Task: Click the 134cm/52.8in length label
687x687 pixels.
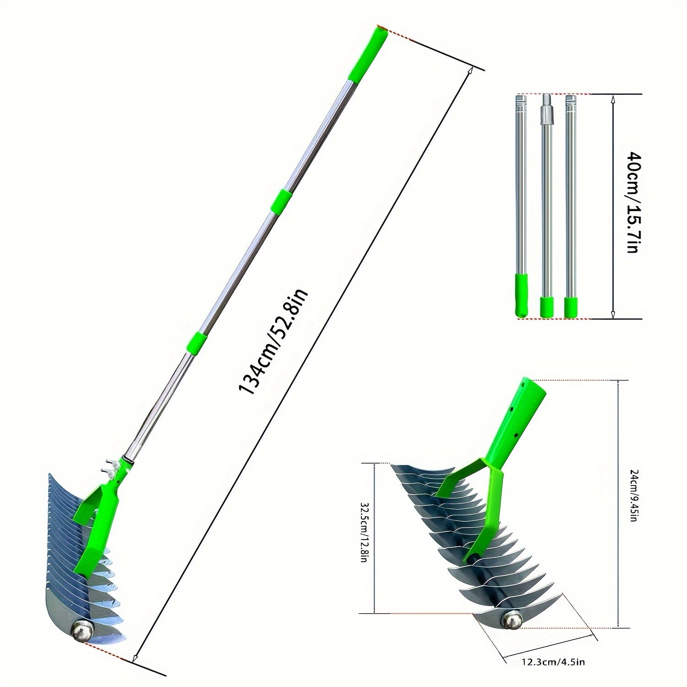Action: tap(274, 342)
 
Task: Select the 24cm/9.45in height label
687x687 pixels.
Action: tap(632, 496)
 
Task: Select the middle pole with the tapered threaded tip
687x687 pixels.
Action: tap(545, 202)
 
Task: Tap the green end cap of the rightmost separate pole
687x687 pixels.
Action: tap(570, 306)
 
